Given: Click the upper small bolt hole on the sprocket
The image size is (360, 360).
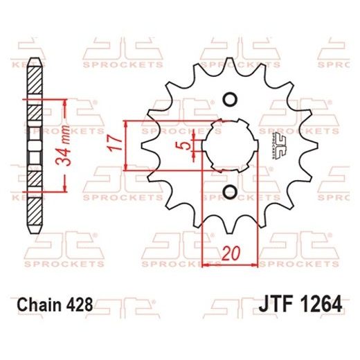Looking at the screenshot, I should tap(231, 98).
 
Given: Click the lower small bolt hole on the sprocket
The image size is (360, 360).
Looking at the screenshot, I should tap(231, 191).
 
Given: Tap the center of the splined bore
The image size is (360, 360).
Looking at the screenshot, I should tap(231, 144).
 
